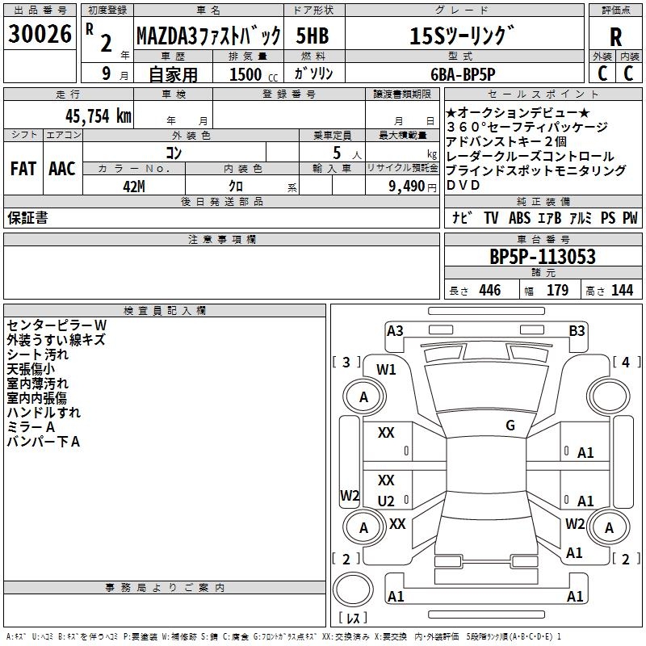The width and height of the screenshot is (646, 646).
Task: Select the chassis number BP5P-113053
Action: pos(542,257)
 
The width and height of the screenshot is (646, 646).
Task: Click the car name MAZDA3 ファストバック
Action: pos(208,36)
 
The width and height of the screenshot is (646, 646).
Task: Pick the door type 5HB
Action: pos(313,36)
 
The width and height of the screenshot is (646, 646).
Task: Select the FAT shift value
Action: pos(23,169)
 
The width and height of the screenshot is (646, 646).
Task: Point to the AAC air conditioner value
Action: pos(61,169)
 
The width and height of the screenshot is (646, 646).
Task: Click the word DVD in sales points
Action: pos(463,185)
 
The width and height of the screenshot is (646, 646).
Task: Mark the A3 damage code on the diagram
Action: pos(395,330)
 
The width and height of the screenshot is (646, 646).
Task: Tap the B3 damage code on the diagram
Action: pos(577,330)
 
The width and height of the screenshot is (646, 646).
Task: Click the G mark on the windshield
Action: pos(510,425)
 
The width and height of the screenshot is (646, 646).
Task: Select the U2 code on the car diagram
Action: pos(386,501)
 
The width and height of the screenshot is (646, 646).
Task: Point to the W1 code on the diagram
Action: pos(386,370)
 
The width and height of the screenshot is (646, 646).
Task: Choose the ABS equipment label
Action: pos(521,218)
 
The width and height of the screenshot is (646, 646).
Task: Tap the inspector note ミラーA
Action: pos(30,426)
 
